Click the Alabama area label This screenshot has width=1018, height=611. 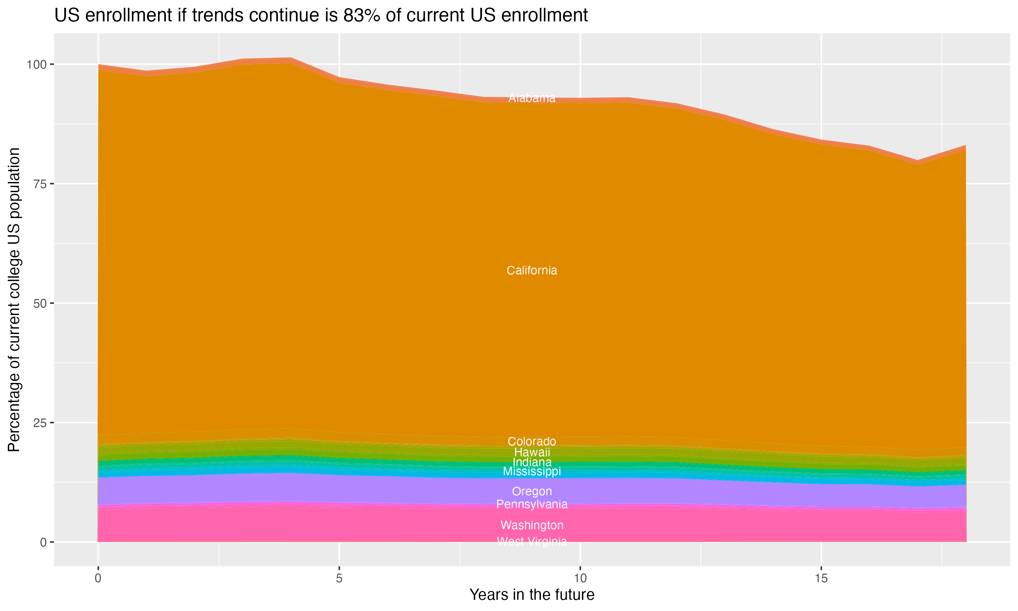tap(532, 98)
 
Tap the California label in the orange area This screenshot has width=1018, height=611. tap(532, 271)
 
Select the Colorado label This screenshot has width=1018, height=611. tap(532, 441)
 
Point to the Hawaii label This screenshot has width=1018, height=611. tap(532, 452)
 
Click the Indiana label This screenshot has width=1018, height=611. tap(532, 462)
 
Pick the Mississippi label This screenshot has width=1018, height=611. tap(532, 471)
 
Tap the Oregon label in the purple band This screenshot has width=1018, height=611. tap(532, 491)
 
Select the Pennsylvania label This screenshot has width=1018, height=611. tap(532, 504)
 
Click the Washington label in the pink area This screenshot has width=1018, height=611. tap(532, 525)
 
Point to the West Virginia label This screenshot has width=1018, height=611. tap(532, 541)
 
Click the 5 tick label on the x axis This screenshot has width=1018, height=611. tap(339, 579)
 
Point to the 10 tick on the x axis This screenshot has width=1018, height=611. tap(580, 579)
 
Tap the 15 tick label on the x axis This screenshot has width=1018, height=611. tap(821, 579)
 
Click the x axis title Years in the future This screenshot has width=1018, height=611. tap(532, 595)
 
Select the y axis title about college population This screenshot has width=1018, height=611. tap(14, 300)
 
